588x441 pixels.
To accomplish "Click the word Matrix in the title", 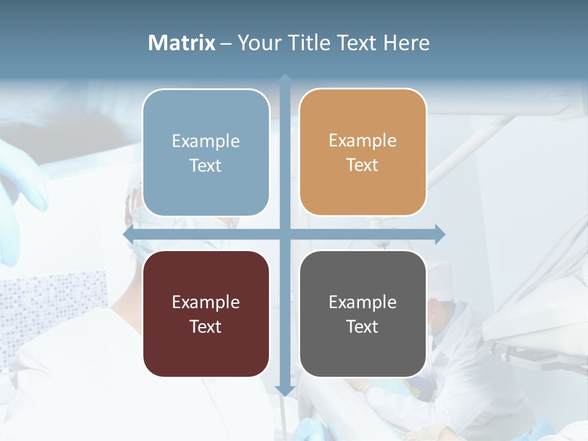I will [182, 43].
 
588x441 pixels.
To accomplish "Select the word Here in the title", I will [407, 43].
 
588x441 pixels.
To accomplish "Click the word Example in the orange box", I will [363, 140].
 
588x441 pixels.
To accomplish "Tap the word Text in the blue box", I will [205, 165].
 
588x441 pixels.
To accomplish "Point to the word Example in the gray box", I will [363, 302].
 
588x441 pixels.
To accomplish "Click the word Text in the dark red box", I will [205, 326].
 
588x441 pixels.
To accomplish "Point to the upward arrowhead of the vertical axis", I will [285, 79].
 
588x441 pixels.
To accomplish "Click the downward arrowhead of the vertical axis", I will [285, 390].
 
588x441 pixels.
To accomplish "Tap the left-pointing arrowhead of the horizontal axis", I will [129, 235].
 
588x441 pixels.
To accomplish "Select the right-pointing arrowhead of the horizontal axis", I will [440, 234].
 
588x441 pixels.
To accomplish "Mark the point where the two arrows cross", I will [285, 234].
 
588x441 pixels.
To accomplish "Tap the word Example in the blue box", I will [206, 141].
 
